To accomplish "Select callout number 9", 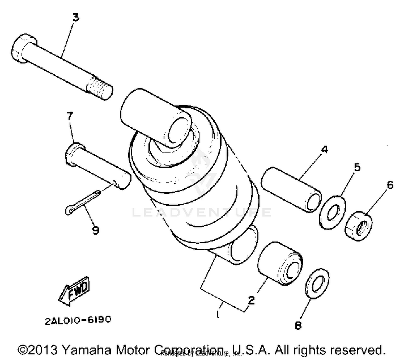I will click(x=95, y=230).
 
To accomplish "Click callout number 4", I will click(x=325, y=149).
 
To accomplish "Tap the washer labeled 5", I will click(x=332, y=213).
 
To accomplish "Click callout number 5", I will click(x=357, y=167).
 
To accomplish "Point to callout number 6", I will click(x=390, y=185).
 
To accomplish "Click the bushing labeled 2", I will click(x=280, y=264).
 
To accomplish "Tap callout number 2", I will click(x=251, y=300).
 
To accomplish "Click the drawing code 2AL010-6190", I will click(x=78, y=320).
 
